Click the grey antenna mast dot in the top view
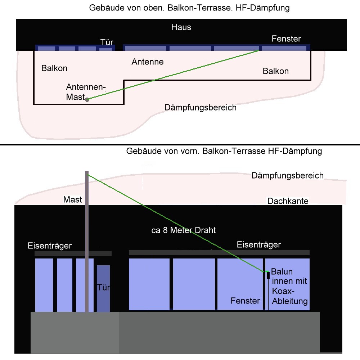(x=87, y=99)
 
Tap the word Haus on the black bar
(x=181, y=27)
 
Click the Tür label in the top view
(x=107, y=43)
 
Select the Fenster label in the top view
(x=286, y=39)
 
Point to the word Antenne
(x=147, y=62)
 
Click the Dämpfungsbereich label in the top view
(x=200, y=108)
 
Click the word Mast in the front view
(x=73, y=200)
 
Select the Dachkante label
(x=288, y=201)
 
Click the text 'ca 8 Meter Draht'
(x=184, y=230)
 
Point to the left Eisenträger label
(x=50, y=246)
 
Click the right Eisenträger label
(x=258, y=245)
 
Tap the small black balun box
(x=268, y=275)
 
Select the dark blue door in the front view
(x=103, y=288)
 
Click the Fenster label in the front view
(x=245, y=301)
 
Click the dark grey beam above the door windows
(x=73, y=254)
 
